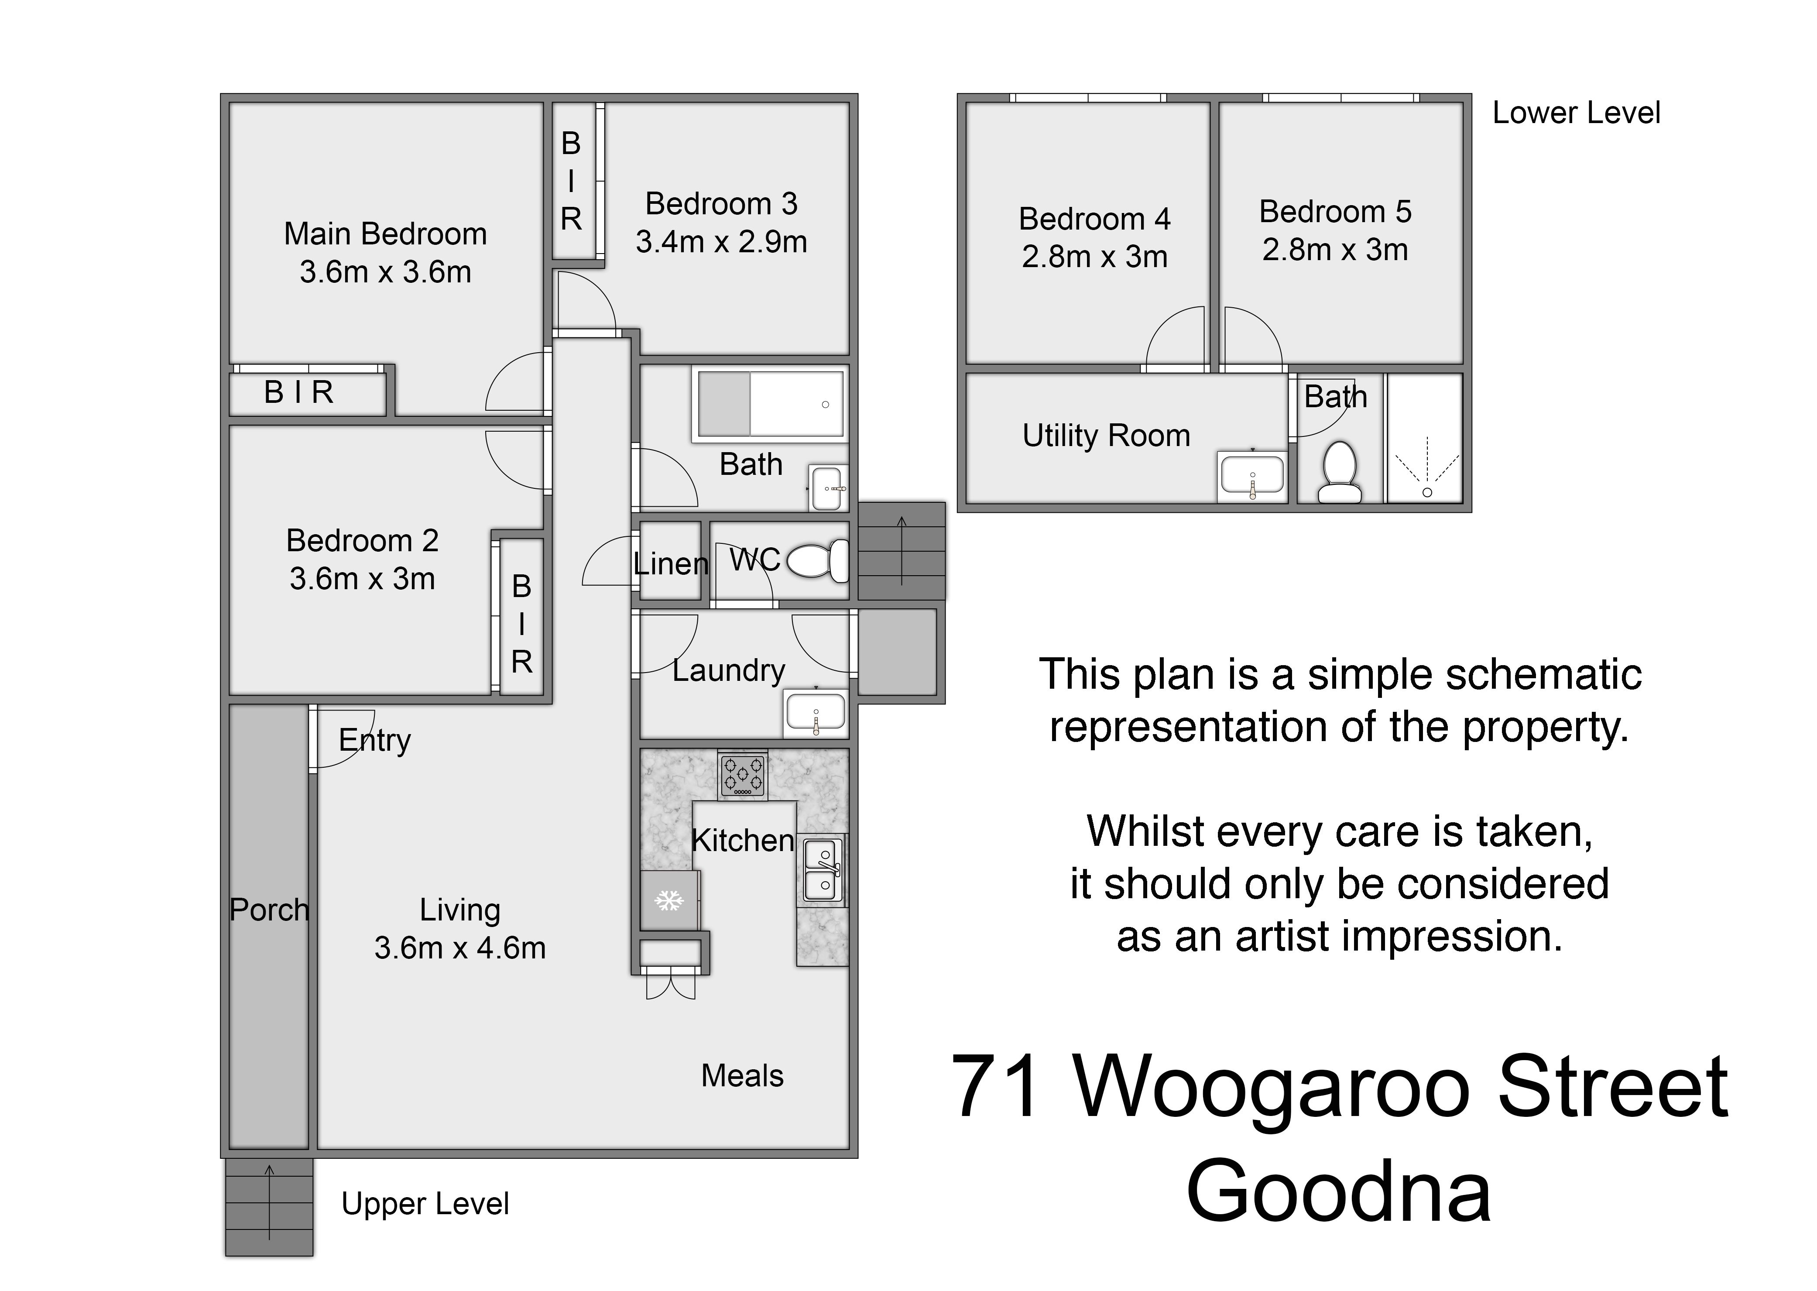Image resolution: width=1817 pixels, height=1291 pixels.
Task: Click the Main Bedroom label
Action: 385,234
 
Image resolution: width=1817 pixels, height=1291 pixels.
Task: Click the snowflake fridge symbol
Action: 669,901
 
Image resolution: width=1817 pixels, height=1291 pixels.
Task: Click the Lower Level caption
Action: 1576,113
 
